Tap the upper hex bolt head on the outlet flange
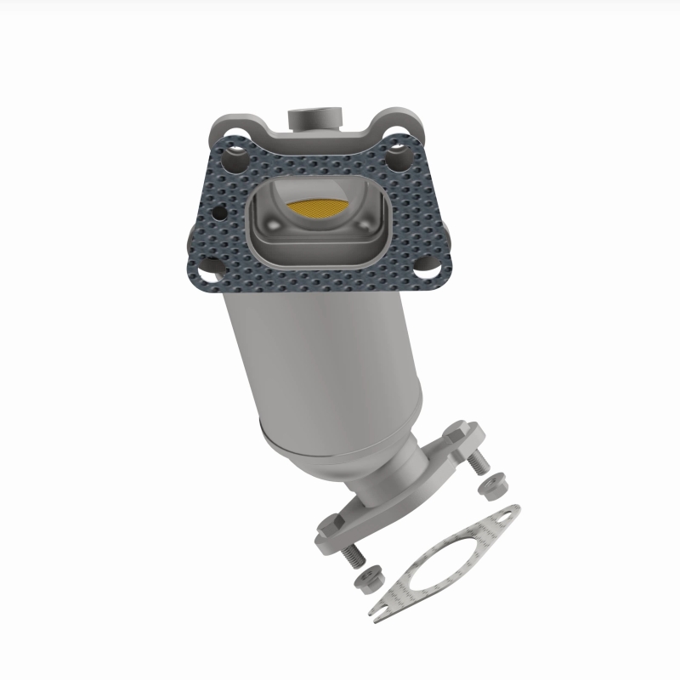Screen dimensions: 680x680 (458, 431)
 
